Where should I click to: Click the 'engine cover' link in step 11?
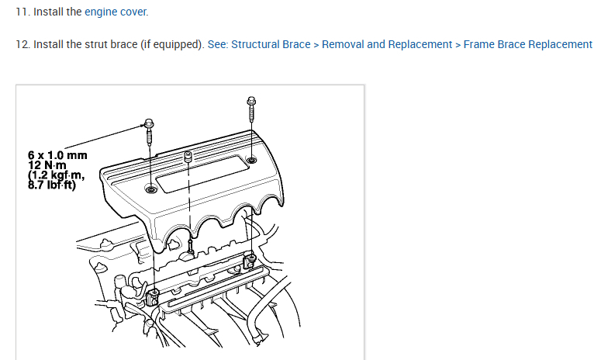click(116, 12)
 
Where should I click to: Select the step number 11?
click(21, 12)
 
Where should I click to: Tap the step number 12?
click(22, 44)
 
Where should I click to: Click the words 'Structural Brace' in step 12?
click(269, 44)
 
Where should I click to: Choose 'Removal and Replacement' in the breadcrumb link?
click(387, 44)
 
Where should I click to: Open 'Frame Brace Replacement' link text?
click(527, 44)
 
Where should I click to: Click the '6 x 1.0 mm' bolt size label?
click(57, 155)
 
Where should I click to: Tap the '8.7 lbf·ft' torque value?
click(52, 185)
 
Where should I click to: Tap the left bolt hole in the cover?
click(150, 189)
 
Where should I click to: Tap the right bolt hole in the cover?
click(251, 161)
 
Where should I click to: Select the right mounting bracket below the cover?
click(249, 261)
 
